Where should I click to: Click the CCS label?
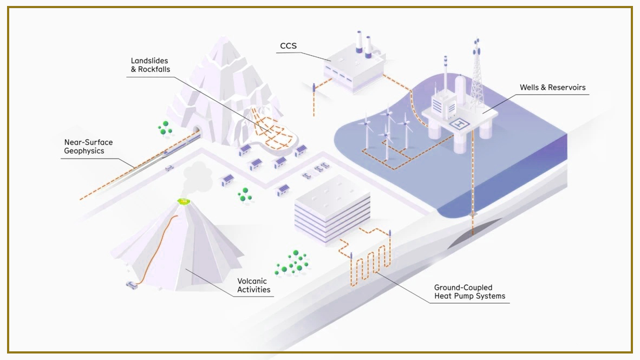point(288,45)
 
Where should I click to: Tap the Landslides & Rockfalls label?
point(150,65)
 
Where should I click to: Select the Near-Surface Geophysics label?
point(88,147)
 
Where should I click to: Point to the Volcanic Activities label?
point(254,285)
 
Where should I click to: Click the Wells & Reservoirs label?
point(553,87)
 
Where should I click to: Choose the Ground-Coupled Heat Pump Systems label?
point(469,292)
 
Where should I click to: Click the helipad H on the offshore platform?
point(459,123)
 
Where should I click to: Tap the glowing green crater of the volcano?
point(185,201)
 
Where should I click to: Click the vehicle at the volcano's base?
point(132,285)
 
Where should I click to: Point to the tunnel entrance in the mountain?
point(197,131)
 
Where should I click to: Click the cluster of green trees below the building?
point(292,263)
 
